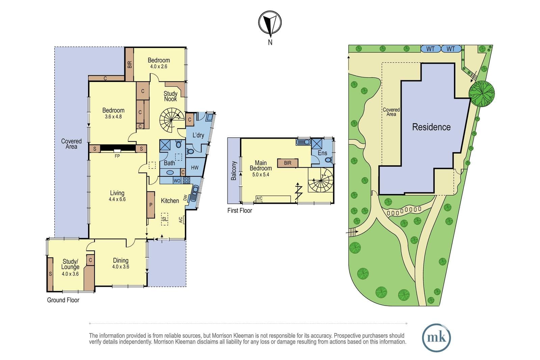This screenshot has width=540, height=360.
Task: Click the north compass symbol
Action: (x=270, y=23)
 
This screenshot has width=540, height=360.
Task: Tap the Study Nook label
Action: (x=170, y=96)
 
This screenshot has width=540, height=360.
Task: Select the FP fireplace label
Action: (x=117, y=156)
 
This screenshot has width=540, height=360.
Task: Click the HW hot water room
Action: (x=195, y=167)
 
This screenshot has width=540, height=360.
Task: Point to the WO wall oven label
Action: (x=177, y=181)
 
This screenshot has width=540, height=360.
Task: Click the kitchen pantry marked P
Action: (x=151, y=205)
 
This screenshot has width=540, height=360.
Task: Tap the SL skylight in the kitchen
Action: (x=164, y=219)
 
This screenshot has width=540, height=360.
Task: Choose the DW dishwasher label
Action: (x=185, y=198)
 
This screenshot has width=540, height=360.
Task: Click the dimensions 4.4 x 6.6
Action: (x=117, y=199)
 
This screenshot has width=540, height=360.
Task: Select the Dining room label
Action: (x=120, y=260)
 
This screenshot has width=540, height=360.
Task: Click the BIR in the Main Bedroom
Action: (x=288, y=163)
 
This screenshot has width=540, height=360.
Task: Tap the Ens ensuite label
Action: (x=322, y=153)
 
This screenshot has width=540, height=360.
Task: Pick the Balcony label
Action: (x=234, y=171)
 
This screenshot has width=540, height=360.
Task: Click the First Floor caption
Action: (x=240, y=210)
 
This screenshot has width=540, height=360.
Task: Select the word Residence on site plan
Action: (x=431, y=127)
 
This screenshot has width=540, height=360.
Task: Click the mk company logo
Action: (x=436, y=338)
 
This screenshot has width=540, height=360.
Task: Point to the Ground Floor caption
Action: (x=63, y=300)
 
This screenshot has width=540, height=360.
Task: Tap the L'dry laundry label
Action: (x=198, y=135)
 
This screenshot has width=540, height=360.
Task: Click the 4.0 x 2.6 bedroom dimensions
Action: (x=159, y=66)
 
